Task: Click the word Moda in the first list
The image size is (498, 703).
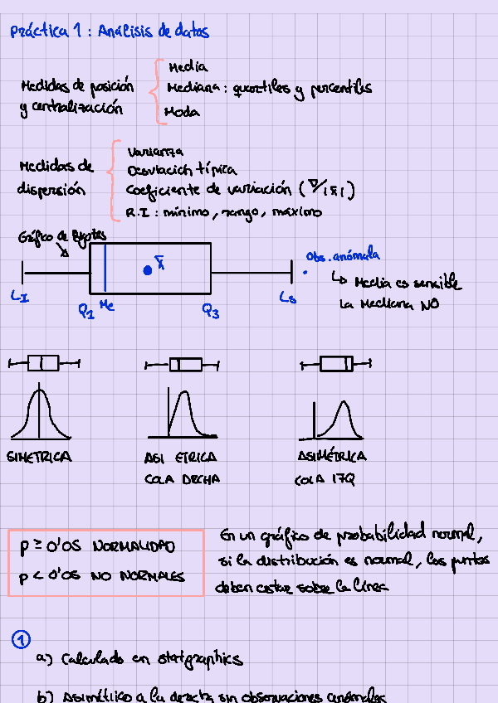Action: pos(182,111)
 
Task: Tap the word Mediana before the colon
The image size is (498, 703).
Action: pos(193,88)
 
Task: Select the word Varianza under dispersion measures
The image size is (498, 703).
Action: pos(156,152)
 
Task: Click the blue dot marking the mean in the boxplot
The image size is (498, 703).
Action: pos(148,270)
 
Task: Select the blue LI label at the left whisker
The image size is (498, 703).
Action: pos(20,296)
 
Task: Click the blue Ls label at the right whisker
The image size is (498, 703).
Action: pos(287,297)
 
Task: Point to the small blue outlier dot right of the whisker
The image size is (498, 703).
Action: pos(305,271)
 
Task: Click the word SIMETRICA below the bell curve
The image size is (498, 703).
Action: pos(39,457)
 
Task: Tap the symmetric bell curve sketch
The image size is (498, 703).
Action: pos(39,415)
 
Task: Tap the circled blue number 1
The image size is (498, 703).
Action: pos(22,639)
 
